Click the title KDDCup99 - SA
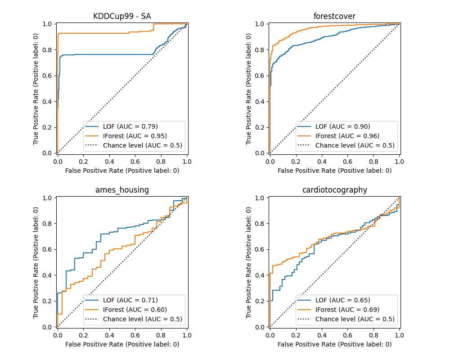[x=122, y=17]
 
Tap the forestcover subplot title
[x=334, y=17]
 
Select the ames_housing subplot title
[x=122, y=190]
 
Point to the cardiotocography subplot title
[x=334, y=190]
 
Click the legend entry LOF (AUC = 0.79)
[x=130, y=126]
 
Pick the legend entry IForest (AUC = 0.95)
[x=134, y=136]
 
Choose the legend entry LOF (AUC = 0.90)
[x=342, y=126]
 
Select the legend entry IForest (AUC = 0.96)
[x=346, y=136]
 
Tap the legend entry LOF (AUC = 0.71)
[x=130, y=300]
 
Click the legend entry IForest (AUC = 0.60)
[x=134, y=310]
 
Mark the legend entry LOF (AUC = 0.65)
[x=342, y=300]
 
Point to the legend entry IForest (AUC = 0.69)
[x=346, y=310]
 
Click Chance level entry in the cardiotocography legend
[x=355, y=319]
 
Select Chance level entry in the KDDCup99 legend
[x=142, y=145]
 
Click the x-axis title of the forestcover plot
[x=334, y=171]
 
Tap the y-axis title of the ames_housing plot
[x=36, y=262]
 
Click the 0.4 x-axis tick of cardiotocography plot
[x=321, y=335]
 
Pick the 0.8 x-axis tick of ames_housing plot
[x=161, y=335]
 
